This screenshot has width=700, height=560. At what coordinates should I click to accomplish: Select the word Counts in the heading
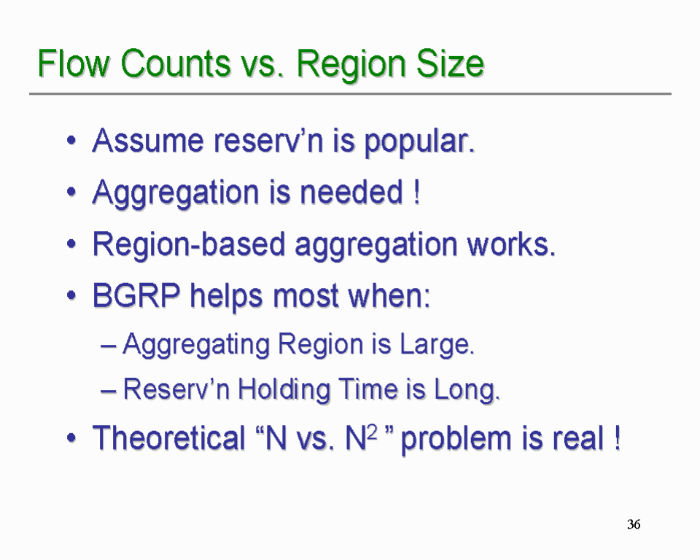click(x=176, y=63)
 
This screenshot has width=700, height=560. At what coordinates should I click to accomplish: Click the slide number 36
click(x=634, y=524)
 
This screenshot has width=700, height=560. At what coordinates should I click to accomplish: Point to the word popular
click(x=419, y=142)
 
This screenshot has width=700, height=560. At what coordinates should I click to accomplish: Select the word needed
click(x=351, y=192)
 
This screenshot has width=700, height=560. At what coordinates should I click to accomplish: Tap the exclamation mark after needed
click(x=417, y=192)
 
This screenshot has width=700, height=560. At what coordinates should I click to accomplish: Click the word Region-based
click(x=188, y=244)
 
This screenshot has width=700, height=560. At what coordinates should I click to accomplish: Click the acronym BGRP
click(x=136, y=295)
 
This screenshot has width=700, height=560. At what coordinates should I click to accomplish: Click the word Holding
click(x=284, y=389)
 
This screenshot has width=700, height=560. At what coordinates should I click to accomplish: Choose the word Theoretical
click(x=168, y=437)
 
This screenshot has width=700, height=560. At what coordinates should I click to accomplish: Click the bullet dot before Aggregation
click(x=71, y=192)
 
